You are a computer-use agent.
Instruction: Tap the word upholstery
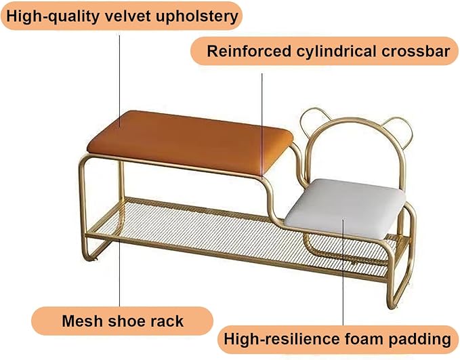pos(197,17)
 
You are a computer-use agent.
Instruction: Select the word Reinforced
pos(249,52)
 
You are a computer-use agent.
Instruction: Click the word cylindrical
pos(336,52)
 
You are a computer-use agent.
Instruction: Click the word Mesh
pos(83,321)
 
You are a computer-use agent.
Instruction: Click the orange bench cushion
pos(190,141)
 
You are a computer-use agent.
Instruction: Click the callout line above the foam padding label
pos(343,271)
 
